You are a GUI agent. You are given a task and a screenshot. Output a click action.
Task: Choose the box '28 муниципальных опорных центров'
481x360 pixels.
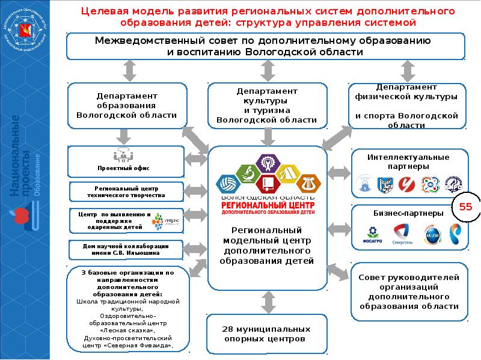266,334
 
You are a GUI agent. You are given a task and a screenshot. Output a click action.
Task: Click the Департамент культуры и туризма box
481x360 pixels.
266,106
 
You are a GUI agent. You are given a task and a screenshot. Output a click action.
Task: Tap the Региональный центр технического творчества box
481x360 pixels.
126,192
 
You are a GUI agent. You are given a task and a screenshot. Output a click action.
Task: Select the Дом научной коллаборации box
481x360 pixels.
126,249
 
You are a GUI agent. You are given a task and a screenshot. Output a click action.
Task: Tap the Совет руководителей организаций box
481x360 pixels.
408,291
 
